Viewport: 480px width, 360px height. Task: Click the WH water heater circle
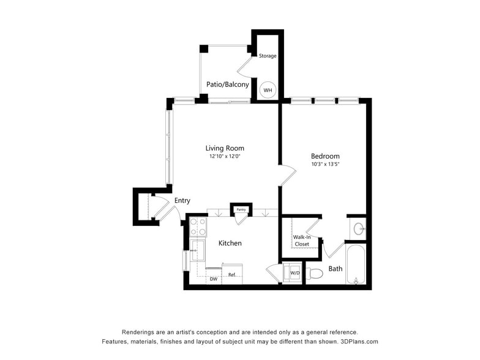pos(268,90)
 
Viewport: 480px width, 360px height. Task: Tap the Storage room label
pos(268,56)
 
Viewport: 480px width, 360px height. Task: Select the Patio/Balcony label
pos(227,84)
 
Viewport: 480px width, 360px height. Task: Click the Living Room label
pos(225,148)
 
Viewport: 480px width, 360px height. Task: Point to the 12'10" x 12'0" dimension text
pos(225,157)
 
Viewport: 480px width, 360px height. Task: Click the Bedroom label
pos(325,156)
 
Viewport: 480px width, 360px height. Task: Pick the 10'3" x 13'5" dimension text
pos(325,165)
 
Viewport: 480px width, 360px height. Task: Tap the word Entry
pos(182,201)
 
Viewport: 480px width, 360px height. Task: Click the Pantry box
pos(241,209)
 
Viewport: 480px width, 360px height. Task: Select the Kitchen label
pos(230,243)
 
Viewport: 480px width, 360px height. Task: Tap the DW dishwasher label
pos(214,279)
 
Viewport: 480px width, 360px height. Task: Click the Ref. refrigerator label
pos(232,275)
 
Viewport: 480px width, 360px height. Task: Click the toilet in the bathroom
pos(314,273)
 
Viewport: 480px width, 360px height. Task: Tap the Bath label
pos(336,269)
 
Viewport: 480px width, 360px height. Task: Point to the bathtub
pos(356,265)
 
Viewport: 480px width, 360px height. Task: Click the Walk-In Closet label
pos(302,241)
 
